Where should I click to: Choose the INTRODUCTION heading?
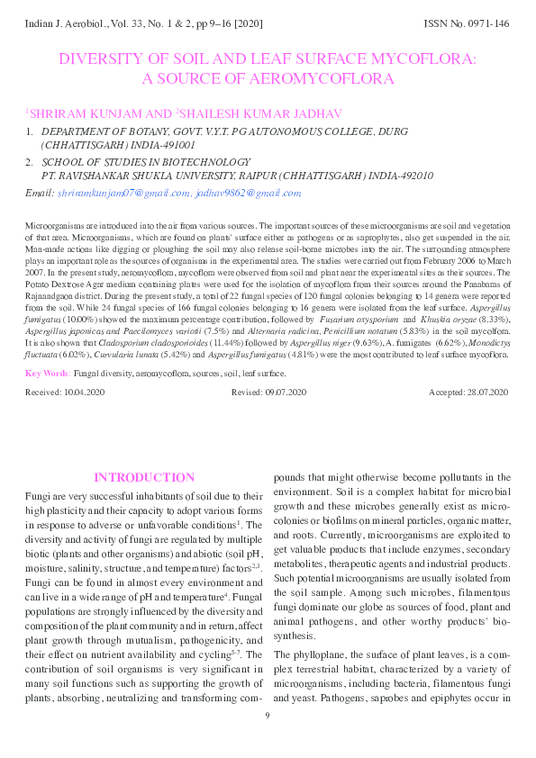point(144,477)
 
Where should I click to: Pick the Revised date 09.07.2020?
point(286,418)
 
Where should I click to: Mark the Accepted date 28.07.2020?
point(488,418)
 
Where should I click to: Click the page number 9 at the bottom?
point(268,740)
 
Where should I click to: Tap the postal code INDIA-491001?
point(159,144)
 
